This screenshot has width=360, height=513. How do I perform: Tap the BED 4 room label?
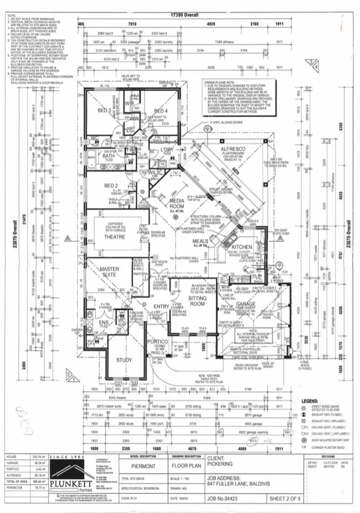pyautogui.click(x=162, y=111)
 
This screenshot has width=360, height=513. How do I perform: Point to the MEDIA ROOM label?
pyautogui.click(x=177, y=204)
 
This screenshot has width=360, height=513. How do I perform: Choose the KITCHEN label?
pyautogui.click(x=241, y=247)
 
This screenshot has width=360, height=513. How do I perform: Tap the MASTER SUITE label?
pyautogui.click(x=110, y=272)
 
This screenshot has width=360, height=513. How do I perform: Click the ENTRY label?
pyautogui.click(x=161, y=307)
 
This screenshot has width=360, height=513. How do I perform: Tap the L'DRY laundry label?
pyautogui.click(x=168, y=150)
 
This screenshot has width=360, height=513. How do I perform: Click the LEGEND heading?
pyautogui.click(x=311, y=400)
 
